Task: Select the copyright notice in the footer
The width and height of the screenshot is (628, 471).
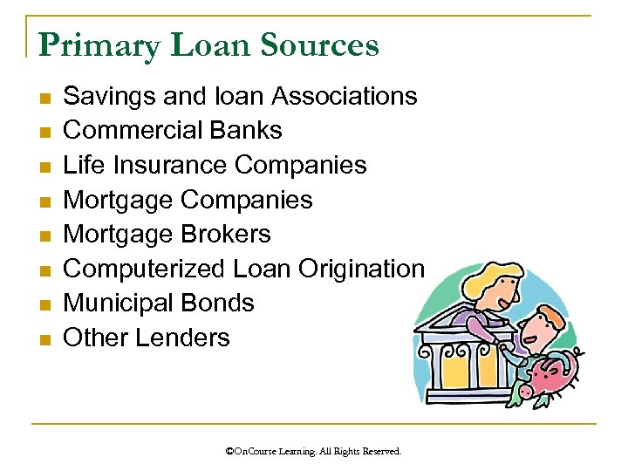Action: [x=313, y=451]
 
